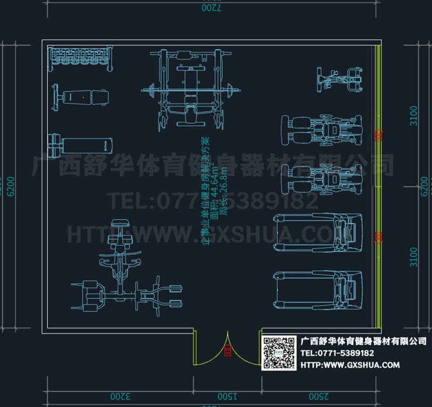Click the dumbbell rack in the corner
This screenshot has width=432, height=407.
tap(82, 58)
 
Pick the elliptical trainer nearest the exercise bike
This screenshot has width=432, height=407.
tap(322, 130)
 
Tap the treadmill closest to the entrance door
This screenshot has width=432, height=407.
tap(319, 290)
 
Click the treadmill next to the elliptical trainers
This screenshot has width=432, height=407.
tap(319, 233)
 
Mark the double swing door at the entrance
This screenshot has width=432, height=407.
tap(227, 348)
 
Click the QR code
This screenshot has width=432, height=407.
tap(279, 352)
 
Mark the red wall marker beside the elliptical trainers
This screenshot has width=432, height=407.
tap(379, 136)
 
